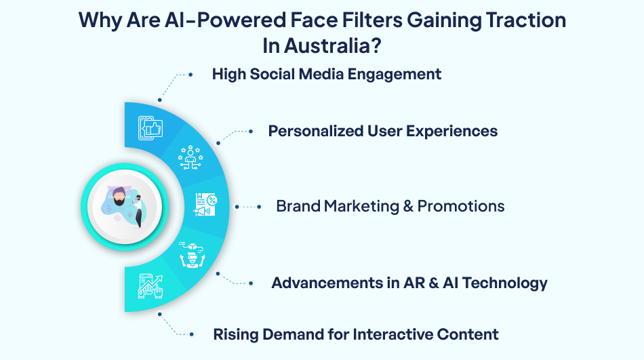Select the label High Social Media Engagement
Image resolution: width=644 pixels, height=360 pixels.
click(x=327, y=74)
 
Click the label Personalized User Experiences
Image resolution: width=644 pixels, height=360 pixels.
click(x=383, y=131)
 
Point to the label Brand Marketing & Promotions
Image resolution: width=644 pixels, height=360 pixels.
click(x=390, y=206)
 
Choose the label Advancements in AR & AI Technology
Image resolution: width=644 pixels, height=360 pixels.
click(x=409, y=283)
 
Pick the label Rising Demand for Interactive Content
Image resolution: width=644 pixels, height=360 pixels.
click(x=356, y=334)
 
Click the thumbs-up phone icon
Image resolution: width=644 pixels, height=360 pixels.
click(x=150, y=128)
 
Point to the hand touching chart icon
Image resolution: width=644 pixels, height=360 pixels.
click(x=150, y=286)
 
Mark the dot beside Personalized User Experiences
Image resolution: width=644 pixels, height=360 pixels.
click(x=250, y=130)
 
